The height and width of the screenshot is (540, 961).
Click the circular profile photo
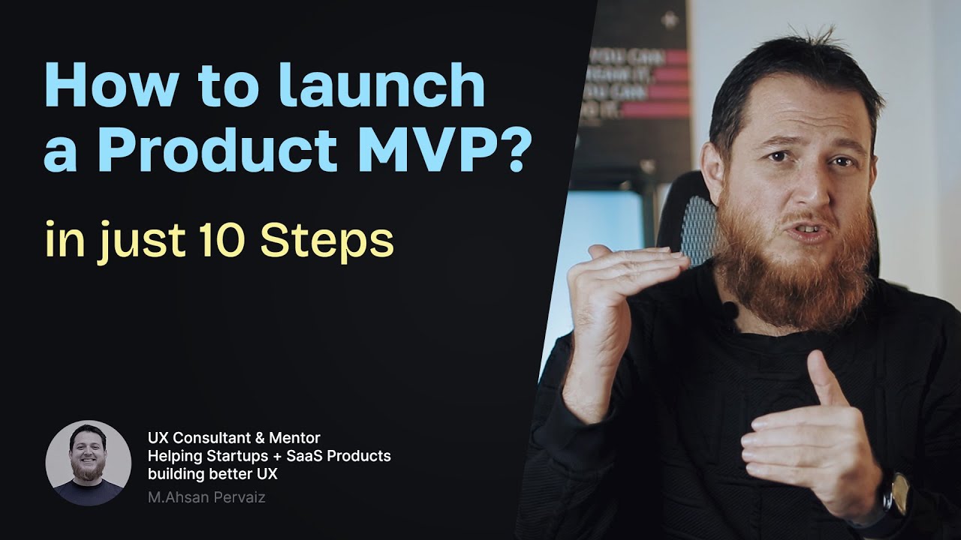[x=88, y=463]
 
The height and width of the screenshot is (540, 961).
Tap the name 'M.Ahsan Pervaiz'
[x=206, y=497]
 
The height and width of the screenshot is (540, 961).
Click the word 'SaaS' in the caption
[x=306, y=456]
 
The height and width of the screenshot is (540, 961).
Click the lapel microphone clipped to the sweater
[x=728, y=308]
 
